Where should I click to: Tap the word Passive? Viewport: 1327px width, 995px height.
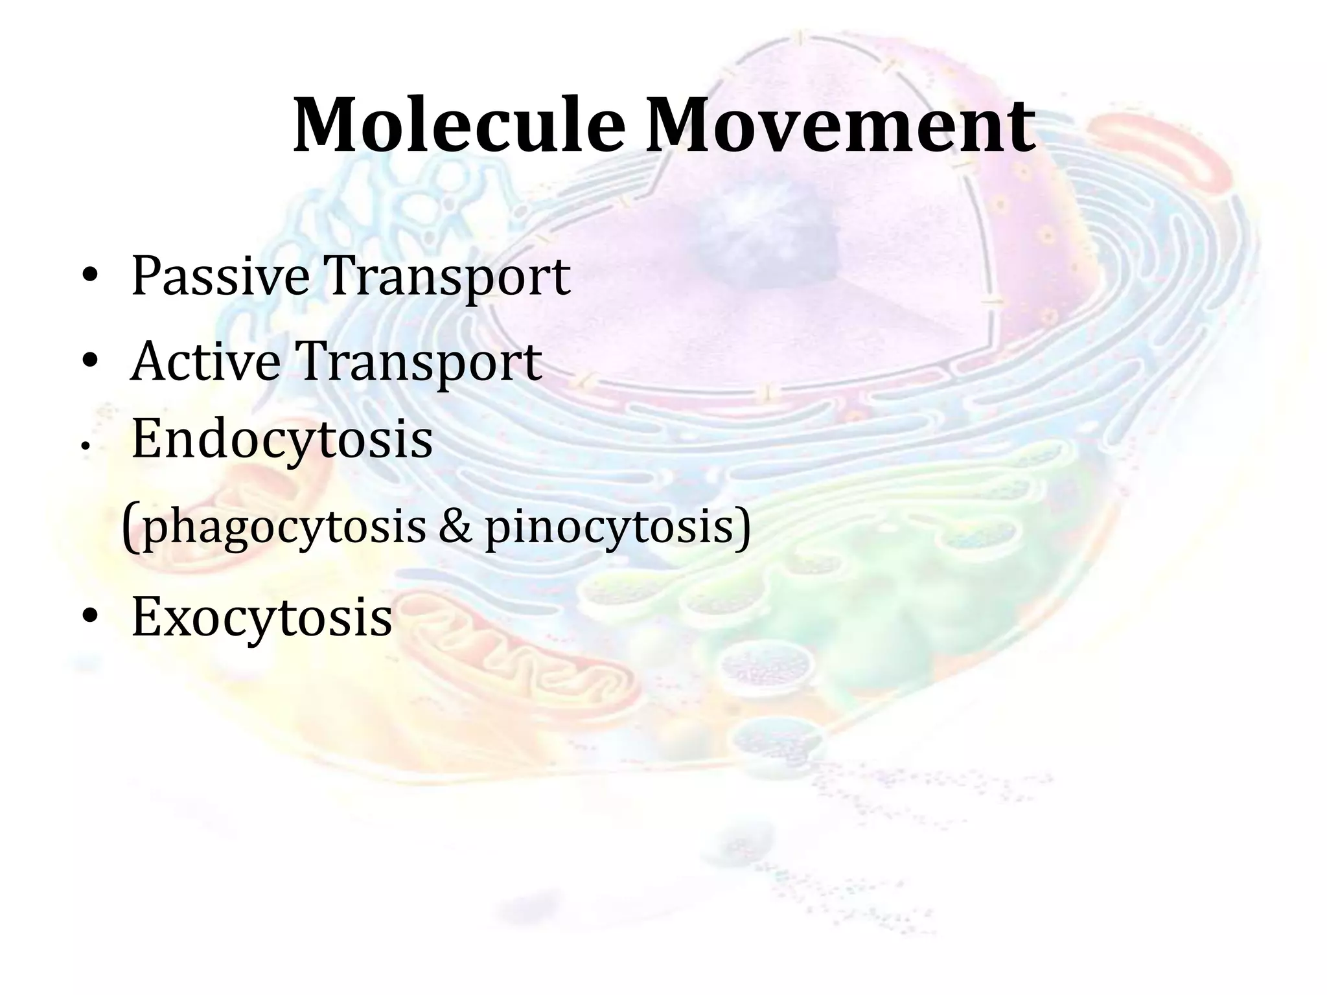tap(219, 277)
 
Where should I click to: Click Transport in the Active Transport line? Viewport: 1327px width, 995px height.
tap(419, 363)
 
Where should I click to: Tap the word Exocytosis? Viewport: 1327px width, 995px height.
tap(262, 617)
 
